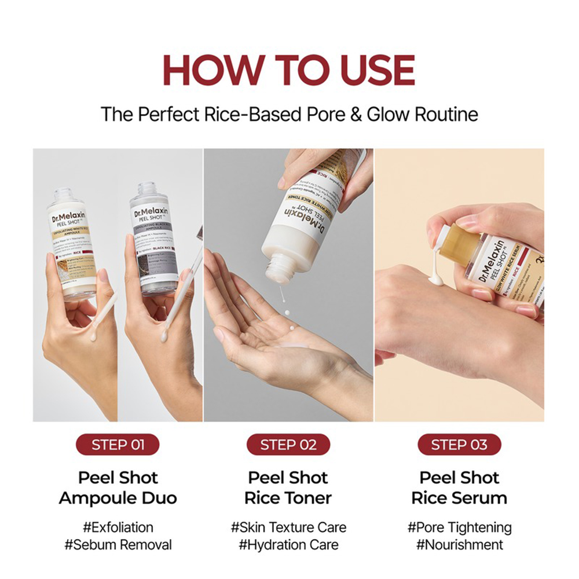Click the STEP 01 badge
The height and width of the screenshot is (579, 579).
click(x=118, y=445)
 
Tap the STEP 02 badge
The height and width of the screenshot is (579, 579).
click(x=288, y=445)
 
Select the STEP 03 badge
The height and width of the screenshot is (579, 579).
click(x=459, y=445)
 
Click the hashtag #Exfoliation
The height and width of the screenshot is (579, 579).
click(x=118, y=527)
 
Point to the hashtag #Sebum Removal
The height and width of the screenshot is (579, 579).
click(x=118, y=545)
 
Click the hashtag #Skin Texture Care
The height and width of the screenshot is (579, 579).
click(x=288, y=527)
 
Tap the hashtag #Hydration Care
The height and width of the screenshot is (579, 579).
click(x=288, y=545)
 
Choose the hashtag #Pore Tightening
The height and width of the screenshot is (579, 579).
click(x=459, y=527)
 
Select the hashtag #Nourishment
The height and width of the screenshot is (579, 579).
click(x=459, y=545)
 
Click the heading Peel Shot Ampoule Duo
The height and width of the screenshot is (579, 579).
click(x=118, y=488)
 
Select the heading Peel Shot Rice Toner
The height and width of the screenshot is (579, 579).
click(x=288, y=488)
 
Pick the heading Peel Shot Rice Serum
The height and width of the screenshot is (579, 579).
click(x=459, y=488)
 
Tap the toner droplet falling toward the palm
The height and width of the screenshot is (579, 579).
click(x=286, y=313)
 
